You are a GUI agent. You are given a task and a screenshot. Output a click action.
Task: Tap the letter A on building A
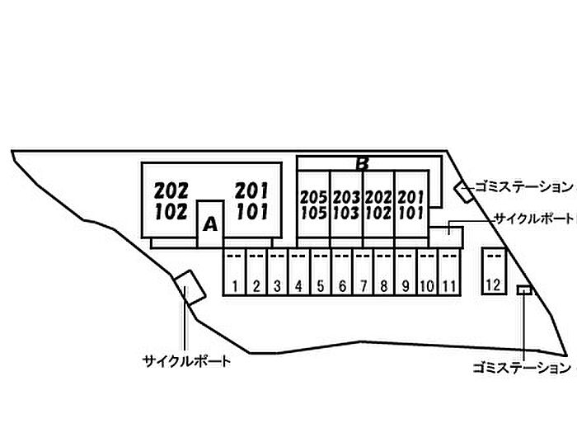pyautogui.click(x=210, y=223)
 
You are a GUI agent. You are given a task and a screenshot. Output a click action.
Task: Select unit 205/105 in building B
pyautogui.click(x=314, y=205)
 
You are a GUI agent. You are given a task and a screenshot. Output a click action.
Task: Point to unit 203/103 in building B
pyautogui.click(x=346, y=205)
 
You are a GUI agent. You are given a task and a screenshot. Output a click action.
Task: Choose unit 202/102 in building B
pyautogui.click(x=378, y=205)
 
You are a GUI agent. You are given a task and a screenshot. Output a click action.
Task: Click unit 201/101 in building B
pyautogui.click(x=410, y=205)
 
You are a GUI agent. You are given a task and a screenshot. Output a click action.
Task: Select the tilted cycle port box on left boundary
pyautogui.click(x=190, y=286)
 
